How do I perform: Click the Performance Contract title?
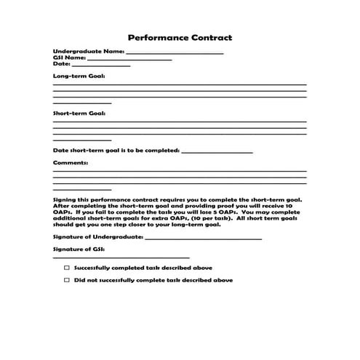[180, 37]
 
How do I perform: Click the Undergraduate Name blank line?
[175, 54]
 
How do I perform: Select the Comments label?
[71, 163]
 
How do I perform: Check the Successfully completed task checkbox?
[66, 268]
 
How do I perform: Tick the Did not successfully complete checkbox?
[66, 280]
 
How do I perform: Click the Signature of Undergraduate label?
[98, 237]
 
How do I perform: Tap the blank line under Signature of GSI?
[121, 257]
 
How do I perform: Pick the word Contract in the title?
[211, 37]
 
